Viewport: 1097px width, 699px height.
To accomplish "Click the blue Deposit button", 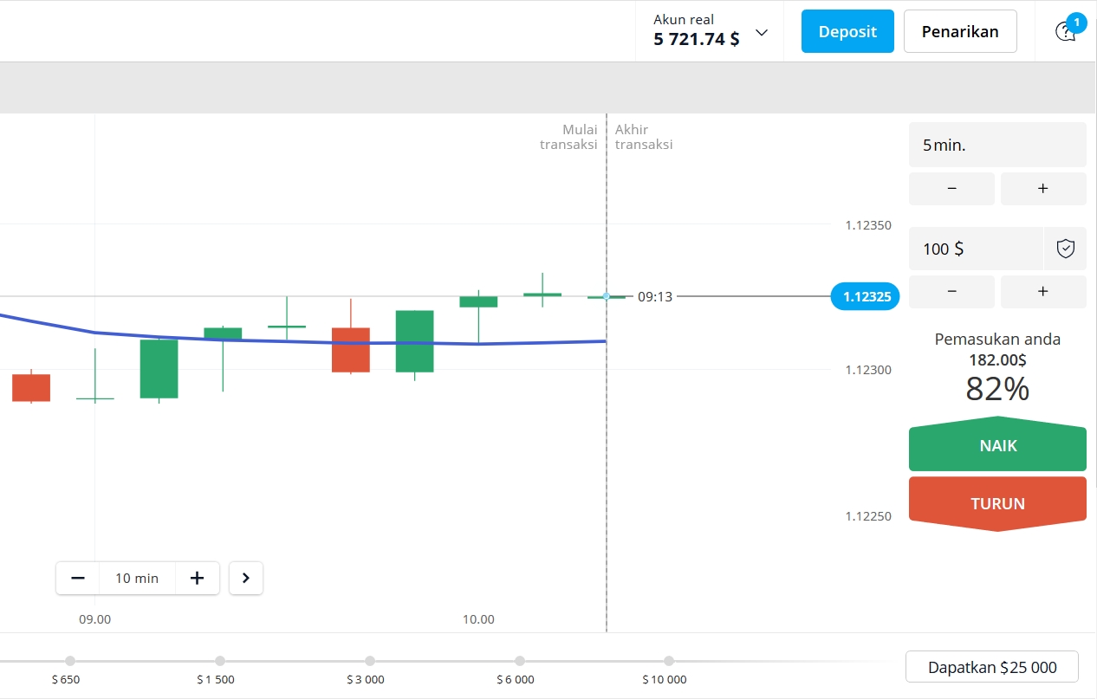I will (847, 31).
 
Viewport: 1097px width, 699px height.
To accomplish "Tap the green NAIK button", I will (997, 447).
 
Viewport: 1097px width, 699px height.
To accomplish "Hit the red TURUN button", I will (997, 503).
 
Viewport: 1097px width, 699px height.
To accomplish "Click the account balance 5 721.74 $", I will (697, 39).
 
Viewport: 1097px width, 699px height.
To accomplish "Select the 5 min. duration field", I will (996, 145).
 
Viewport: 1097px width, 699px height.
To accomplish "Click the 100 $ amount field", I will (975, 249).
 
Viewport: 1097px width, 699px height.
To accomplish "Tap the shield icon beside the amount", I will (1065, 249).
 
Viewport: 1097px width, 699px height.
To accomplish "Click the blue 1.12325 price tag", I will (865, 297).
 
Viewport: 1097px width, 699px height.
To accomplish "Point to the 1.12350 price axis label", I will (868, 226).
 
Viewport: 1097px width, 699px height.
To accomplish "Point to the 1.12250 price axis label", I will (868, 516).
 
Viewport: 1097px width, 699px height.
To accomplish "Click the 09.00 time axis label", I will (95, 619).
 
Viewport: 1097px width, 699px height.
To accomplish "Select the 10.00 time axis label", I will (478, 619).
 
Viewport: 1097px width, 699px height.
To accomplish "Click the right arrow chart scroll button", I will (246, 578).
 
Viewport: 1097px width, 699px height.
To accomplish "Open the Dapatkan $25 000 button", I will (992, 667).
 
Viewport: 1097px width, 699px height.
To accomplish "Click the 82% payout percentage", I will (997, 390).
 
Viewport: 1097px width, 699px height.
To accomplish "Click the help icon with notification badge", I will (1066, 31).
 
